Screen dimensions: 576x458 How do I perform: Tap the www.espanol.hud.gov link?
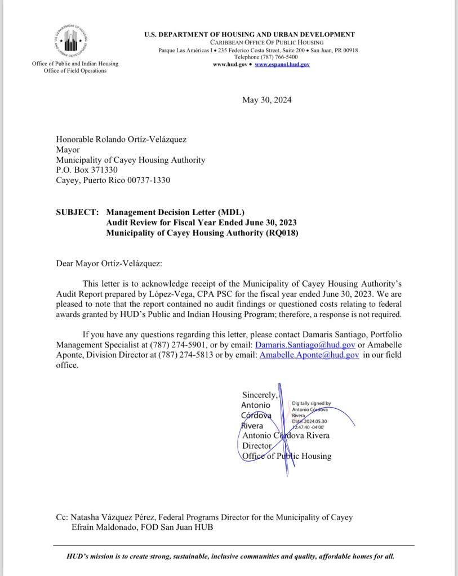(282, 65)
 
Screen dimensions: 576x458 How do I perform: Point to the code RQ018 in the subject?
(279, 233)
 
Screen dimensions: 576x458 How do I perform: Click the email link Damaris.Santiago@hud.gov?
(305, 344)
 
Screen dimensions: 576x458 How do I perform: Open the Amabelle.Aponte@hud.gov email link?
(309, 355)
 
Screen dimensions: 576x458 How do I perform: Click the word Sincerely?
(260, 395)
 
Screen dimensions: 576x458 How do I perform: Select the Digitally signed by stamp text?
(312, 403)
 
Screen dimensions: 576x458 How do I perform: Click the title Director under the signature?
(257, 445)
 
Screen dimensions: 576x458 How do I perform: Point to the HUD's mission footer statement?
(230, 556)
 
